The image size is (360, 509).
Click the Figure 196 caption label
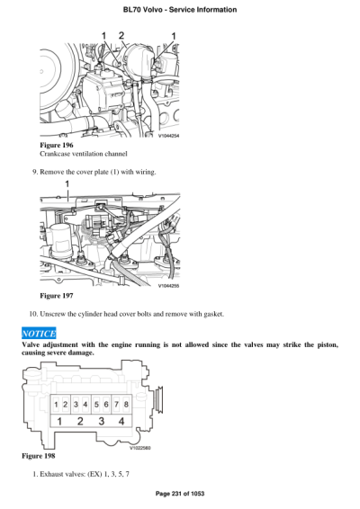tap(58, 145)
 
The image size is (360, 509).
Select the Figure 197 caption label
tap(58, 295)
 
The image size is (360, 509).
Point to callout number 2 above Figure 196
tap(122, 35)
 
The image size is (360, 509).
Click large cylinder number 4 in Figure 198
tap(121, 422)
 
